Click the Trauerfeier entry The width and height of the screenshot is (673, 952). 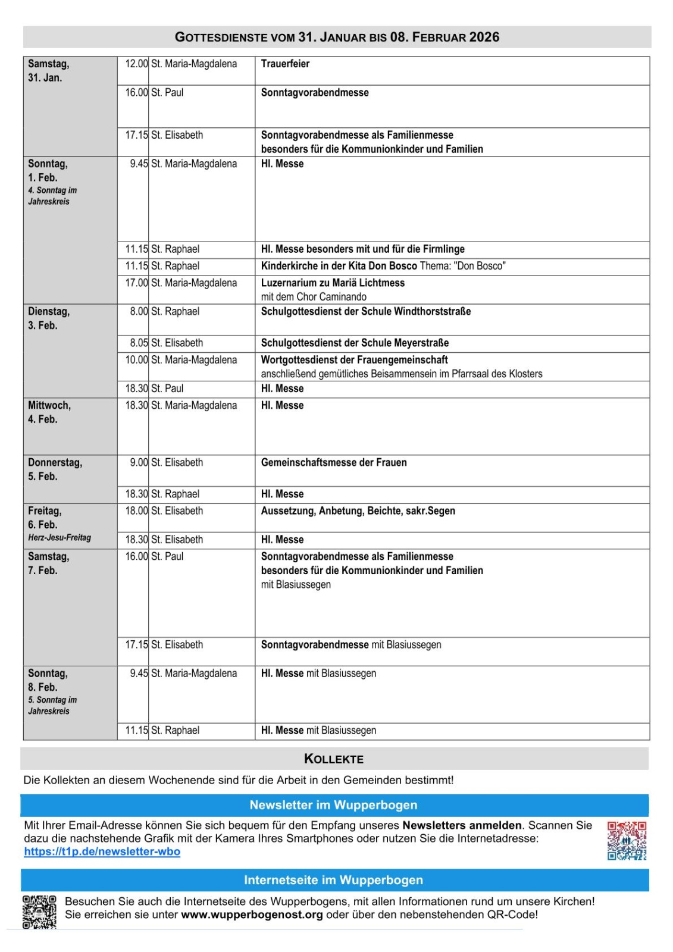click(x=285, y=64)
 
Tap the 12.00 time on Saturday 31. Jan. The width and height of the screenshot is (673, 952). click(x=136, y=64)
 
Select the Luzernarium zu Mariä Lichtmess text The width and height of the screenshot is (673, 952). click(x=333, y=283)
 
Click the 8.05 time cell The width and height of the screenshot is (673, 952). click(x=139, y=343)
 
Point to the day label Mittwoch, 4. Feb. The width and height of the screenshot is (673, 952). click(x=49, y=412)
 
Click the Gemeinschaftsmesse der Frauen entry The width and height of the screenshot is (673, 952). click(x=334, y=462)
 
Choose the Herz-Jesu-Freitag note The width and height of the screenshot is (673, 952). click(x=60, y=538)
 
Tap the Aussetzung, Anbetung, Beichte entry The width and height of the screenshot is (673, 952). click(x=358, y=511)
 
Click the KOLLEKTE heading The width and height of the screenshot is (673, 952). click(x=334, y=759)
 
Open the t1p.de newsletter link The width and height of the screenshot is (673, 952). click(x=102, y=851)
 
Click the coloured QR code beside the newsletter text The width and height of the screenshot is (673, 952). click(x=627, y=841)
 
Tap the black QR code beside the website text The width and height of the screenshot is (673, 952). click(x=39, y=912)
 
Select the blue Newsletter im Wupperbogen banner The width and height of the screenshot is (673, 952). click(x=334, y=805)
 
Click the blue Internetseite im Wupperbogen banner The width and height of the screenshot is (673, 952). click(x=334, y=880)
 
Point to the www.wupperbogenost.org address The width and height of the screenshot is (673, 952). click(x=252, y=915)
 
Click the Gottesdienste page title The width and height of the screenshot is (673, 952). click(x=337, y=37)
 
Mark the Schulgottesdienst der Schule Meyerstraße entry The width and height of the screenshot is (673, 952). click(x=355, y=343)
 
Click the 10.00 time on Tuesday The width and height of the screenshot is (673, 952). click(x=136, y=360)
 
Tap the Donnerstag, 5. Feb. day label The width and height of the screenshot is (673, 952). click(x=55, y=469)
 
